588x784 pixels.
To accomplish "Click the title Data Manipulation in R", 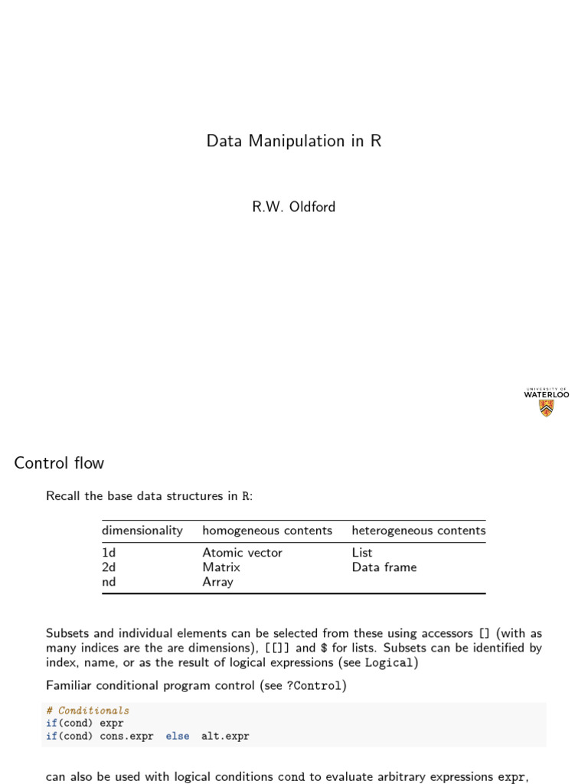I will (293, 141).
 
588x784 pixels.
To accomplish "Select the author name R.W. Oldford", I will (293, 207).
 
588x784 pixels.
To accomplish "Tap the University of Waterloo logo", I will (546, 402).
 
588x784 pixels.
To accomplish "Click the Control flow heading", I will (59, 463).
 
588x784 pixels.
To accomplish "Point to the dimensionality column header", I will (142, 531).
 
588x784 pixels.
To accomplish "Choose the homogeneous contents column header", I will (267, 531).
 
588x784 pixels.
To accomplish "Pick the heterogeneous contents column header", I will (418, 531).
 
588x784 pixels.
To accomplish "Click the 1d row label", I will (109, 553).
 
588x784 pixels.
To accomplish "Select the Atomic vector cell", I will (242, 553).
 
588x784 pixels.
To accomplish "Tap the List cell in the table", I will (362, 553).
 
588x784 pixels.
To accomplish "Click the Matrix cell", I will (221, 567).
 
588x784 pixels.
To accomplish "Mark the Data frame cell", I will (384, 567).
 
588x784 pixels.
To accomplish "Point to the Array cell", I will (218, 582).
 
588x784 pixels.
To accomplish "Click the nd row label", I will (109, 582).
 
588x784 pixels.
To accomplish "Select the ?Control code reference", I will (314, 686).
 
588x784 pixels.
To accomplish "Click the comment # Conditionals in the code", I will (87, 710).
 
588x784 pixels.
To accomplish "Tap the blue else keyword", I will (178, 737).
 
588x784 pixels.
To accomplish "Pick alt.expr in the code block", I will (225, 737).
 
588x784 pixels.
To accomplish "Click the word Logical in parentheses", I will (389, 663).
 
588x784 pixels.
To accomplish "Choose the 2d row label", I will (109, 567).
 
